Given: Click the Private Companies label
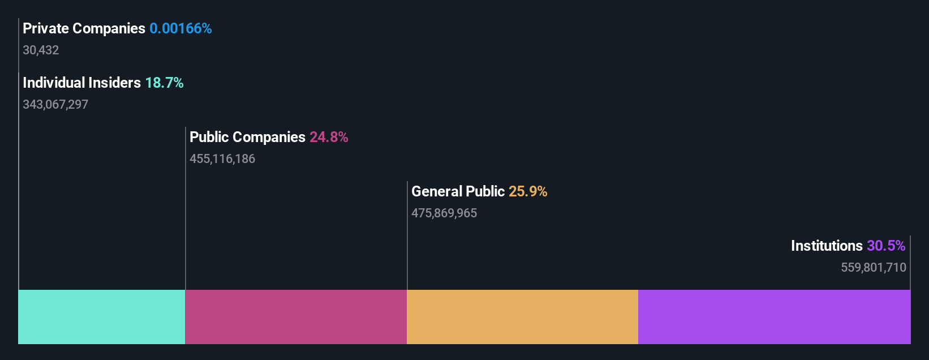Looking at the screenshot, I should tap(84, 28).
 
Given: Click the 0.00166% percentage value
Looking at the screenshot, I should tap(180, 28).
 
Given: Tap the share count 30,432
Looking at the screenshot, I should tap(41, 50).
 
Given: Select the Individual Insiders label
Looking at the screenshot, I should tap(81, 83).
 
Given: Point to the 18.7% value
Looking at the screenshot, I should tap(164, 83).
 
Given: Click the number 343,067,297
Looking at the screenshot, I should tap(55, 105).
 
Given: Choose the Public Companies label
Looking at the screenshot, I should tap(247, 137).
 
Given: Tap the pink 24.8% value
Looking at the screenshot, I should tap(329, 137).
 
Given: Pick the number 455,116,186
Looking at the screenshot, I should tap(222, 159).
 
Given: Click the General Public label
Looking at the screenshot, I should tap(458, 191).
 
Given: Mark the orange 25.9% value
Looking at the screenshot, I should tap(528, 191).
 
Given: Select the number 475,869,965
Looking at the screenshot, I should tap(444, 213).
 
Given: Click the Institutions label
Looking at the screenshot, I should tap(827, 246).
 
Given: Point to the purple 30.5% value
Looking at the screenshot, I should tap(886, 246).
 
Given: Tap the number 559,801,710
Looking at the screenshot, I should tap(874, 268).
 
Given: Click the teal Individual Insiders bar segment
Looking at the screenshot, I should tap(102, 317).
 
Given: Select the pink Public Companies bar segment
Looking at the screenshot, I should tap(296, 317).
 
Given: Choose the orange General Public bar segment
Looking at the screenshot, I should tap(522, 317).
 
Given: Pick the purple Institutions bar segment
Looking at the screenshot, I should tap(774, 317).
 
